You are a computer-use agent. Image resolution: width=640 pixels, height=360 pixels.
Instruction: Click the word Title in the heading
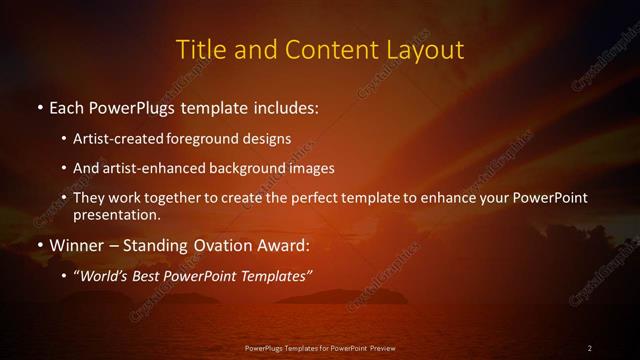[x=199, y=49]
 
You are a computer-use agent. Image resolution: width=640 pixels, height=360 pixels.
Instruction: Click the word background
[x=249, y=168]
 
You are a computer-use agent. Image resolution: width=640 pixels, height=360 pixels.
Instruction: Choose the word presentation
[x=114, y=214]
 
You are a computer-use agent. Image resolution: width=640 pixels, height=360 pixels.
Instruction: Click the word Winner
[x=79, y=245]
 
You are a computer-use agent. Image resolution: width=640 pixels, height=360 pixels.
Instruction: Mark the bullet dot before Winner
[x=39, y=245]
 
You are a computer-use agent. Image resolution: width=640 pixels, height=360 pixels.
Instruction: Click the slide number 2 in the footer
[x=590, y=348]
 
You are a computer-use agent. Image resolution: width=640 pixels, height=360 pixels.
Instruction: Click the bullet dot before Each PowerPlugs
[x=39, y=105]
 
